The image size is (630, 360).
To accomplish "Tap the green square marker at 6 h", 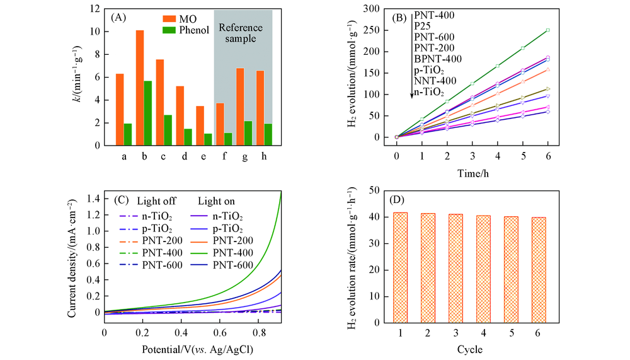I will [x=548, y=30].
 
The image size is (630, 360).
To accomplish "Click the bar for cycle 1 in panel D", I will [x=400, y=267].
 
